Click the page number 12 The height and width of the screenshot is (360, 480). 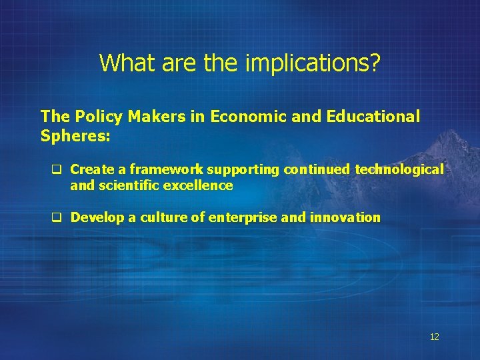434,337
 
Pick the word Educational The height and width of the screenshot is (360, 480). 373,117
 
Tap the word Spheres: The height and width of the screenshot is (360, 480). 75,135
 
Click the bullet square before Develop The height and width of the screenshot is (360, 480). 57,217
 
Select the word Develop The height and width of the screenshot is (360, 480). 96,217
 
